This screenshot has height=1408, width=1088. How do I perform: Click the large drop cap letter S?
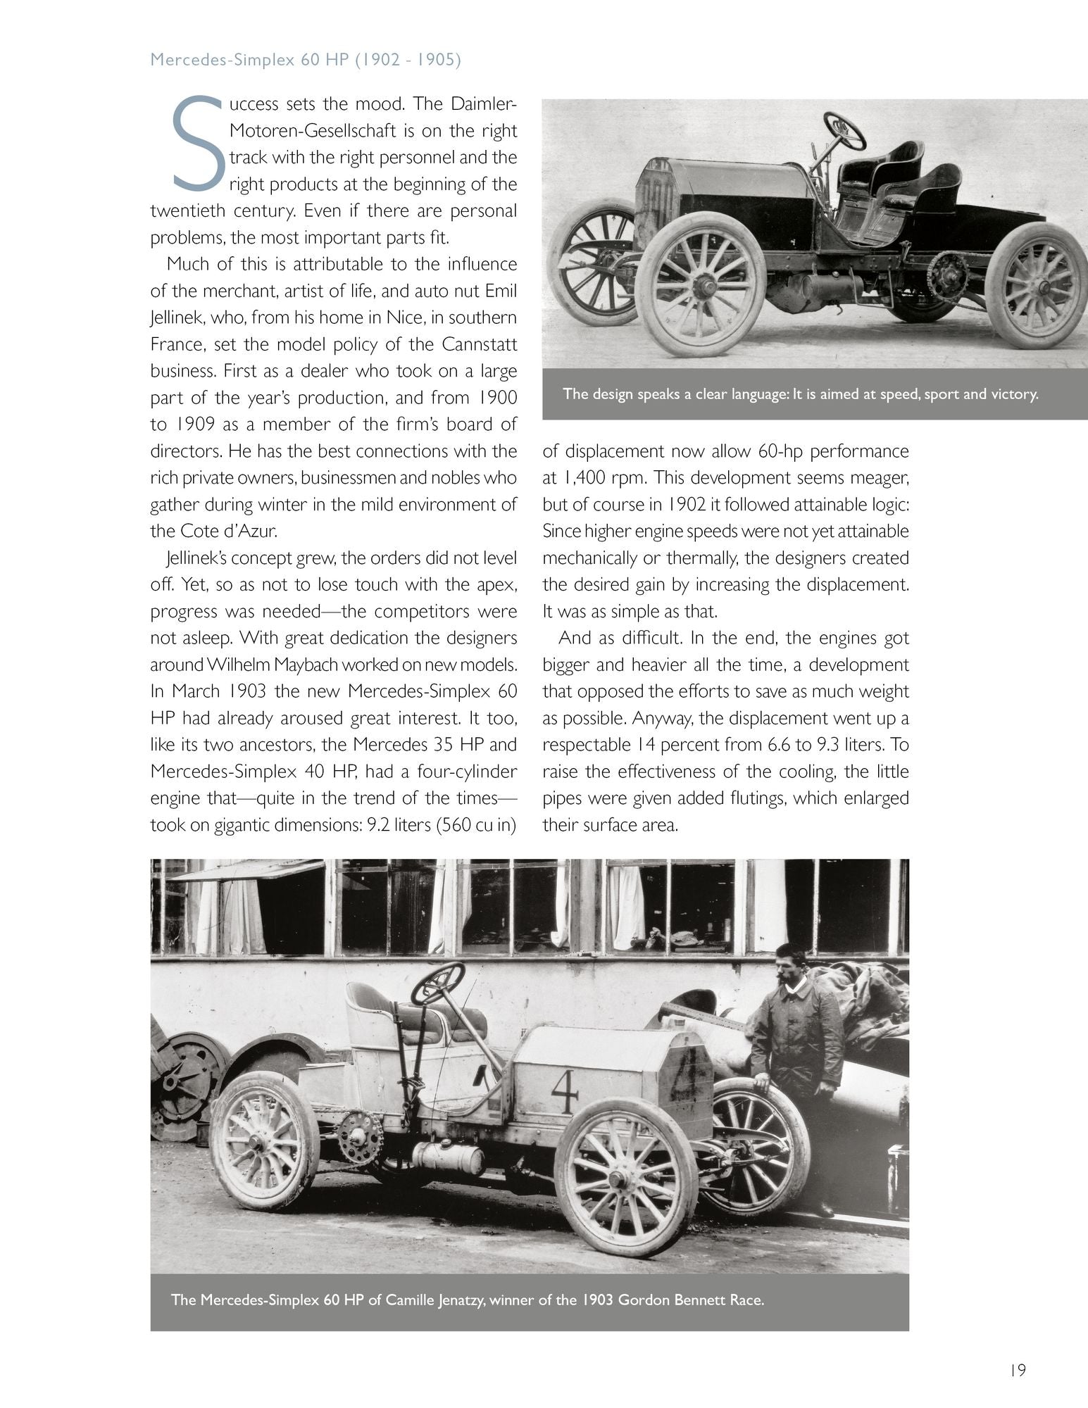[199, 144]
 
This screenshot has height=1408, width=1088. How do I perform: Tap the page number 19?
[1016, 1371]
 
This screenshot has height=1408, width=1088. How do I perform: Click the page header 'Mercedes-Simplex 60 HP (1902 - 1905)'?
[306, 60]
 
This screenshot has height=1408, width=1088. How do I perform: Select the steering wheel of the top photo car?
[845, 130]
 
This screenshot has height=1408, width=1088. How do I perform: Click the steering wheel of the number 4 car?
[438, 983]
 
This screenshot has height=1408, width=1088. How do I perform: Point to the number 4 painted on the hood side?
[564, 1092]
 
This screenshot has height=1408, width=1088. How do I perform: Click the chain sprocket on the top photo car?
[947, 276]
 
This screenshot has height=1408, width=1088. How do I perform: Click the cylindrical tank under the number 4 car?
[449, 1157]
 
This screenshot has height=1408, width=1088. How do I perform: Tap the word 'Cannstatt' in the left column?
[480, 344]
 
